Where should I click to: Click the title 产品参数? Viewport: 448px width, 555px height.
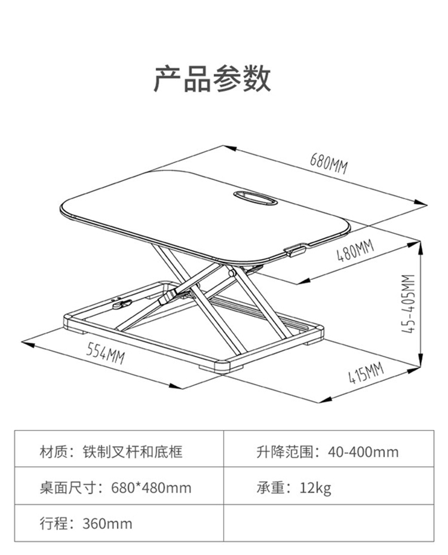click(212, 78)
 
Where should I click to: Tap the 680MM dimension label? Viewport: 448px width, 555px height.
click(329, 163)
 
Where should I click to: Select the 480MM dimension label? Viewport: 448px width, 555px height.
click(355, 251)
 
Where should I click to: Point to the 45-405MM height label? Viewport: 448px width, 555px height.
click(408, 304)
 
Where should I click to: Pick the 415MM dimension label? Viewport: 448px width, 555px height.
click(366, 373)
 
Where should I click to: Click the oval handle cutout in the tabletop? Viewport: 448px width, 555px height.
click(255, 198)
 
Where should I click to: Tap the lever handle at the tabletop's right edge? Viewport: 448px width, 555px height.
click(295, 249)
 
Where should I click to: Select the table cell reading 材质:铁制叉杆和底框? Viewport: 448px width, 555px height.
click(119, 449)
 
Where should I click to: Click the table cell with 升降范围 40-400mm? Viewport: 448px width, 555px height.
click(329, 449)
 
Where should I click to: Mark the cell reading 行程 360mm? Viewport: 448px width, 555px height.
click(119, 523)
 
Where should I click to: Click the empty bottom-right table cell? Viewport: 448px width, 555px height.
click(329, 523)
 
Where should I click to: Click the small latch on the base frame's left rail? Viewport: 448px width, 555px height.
click(122, 304)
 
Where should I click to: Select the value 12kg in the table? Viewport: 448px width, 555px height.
click(315, 488)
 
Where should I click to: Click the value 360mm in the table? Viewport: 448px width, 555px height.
click(108, 523)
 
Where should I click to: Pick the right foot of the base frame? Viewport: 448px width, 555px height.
click(313, 342)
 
